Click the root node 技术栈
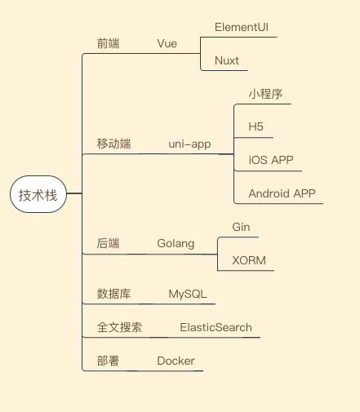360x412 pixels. (x=38, y=194)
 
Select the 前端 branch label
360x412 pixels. (x=108, y=43)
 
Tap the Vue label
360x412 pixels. (x=167, y=43)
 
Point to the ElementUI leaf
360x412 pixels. (x=242, y=27)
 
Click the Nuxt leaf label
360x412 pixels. (x=227, y=60)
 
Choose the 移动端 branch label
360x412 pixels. (x=113, y=144)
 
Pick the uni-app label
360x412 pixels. (x=189, y=144)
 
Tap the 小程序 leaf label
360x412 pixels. (x=265, y=94)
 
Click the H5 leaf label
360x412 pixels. (x=256, y=126)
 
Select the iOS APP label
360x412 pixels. (x=271, y=160)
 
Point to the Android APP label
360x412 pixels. (x=282, y=193)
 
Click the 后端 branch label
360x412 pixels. (x=108, y=243)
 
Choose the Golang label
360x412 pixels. (x=176, y=244)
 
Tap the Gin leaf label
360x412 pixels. (x=241, y=227)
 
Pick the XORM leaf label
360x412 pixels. (x=249, y=260)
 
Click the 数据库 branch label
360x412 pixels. (x=113, y=294)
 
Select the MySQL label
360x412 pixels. (x=188, y=295)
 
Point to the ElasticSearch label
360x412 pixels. (x=216, y=327)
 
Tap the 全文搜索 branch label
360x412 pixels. (x=119, y=327)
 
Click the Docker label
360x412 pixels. (x=176, y=361)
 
